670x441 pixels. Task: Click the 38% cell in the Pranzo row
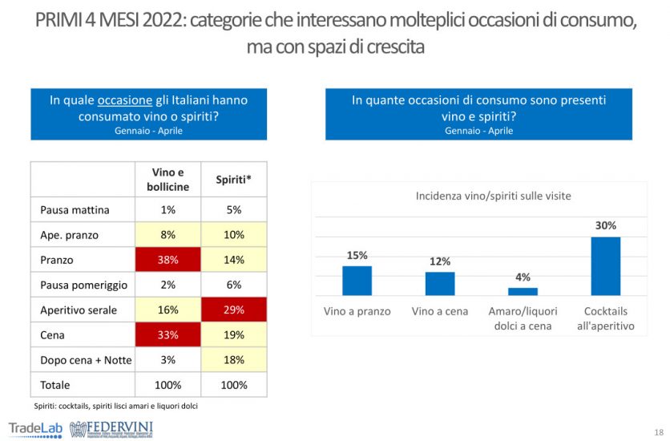coord(168,261)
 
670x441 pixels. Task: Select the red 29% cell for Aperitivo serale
coord(233,310)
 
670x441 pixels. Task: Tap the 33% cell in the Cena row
coord(168,334)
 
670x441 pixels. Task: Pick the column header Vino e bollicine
coord(168,180)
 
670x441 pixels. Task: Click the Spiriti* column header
coord(233,180)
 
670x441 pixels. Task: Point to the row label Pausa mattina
coord(75,211)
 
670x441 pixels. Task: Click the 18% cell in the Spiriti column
coord(233,359)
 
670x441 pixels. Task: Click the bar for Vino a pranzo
coord(357,281)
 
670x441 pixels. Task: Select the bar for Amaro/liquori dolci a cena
coord(523,291)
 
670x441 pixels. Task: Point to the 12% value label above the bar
coord(440,261)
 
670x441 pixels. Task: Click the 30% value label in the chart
coord(606,226)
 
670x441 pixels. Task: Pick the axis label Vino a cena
coord(439,311)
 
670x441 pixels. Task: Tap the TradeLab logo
coord(35,427)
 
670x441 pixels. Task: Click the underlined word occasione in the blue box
coord(124,101)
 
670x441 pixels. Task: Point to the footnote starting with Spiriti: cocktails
coord(115,406)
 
